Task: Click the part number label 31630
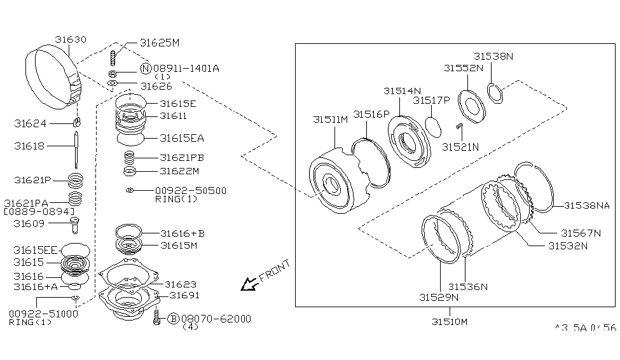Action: pos(69,39)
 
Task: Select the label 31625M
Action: pos(160,43)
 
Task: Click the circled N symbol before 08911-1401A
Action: pos(145,69)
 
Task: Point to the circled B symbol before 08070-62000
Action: pos(172,318)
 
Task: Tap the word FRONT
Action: pos(274,270)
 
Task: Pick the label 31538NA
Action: pos(587,205)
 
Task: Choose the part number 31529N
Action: pos(438,297)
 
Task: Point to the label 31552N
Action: pos(463,67)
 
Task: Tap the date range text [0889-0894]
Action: pos(39,211)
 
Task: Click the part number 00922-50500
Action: pos(190,190)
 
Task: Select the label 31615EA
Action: pos(182,137)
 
